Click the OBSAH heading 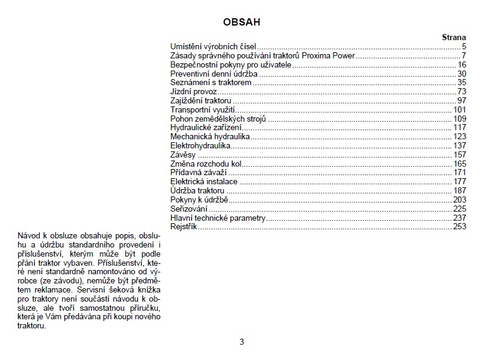pyautogui.click(x=242, y=22)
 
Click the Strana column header pyautogui.click(x=453, y=37)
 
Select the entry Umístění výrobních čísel pyautogui.click(x=213, y=46)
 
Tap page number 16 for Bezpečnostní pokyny pyautogui.click(x=462, y=64)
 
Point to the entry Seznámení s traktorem pyautogui.click(x=211, y=82)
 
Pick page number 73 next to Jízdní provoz pyautogui.click(x=462, y=92)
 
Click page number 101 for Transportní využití pyautogui.click(x=459, y=109)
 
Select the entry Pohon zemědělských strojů pyautogui.click(x=218, y=119)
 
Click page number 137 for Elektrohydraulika pyautogui.click(x=459, y=146)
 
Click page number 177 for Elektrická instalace pyautogui.click(x=459, y=182)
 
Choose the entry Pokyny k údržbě pyautogui.click(x=199, y=200)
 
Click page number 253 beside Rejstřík pyautogui.click(x=459, y=227)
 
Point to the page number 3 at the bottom pyautogui.click(x=242, y=342)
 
